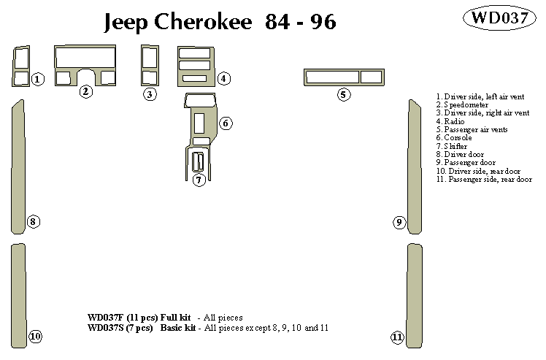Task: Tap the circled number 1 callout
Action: [38, 79]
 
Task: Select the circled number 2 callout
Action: [86, 91]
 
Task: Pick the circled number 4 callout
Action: [224, 78]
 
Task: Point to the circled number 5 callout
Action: [343, 94]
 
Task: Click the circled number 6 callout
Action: [226, 123]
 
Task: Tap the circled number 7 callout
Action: [199, 180]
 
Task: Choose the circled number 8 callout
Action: [33, 222]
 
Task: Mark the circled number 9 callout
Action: [399, 222]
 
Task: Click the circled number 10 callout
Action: [35, 337]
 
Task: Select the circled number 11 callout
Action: [397, 337]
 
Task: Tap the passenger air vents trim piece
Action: [343, 77]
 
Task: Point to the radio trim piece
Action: [194, 65]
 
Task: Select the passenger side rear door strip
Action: [415, 296]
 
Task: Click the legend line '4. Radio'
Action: [450, 121]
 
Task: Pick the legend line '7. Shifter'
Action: [452, 146]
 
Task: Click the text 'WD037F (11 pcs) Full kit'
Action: [139, 318]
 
